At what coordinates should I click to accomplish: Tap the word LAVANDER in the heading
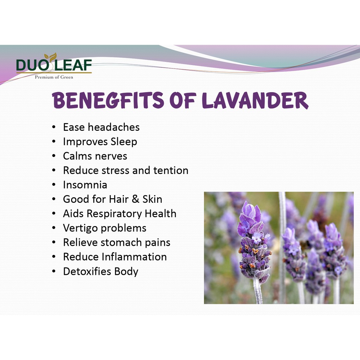255,100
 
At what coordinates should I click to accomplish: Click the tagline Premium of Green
54,77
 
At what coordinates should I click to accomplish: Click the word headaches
114,127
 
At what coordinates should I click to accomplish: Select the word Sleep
124,142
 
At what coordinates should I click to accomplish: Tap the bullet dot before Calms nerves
54,156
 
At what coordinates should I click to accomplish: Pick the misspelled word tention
171,171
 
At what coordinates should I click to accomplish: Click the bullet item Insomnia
85,185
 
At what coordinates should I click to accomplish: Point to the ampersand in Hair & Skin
135,199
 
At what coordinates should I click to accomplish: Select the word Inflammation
134,257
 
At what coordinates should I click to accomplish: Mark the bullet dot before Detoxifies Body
54,271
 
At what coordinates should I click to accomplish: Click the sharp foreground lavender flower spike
254,240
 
